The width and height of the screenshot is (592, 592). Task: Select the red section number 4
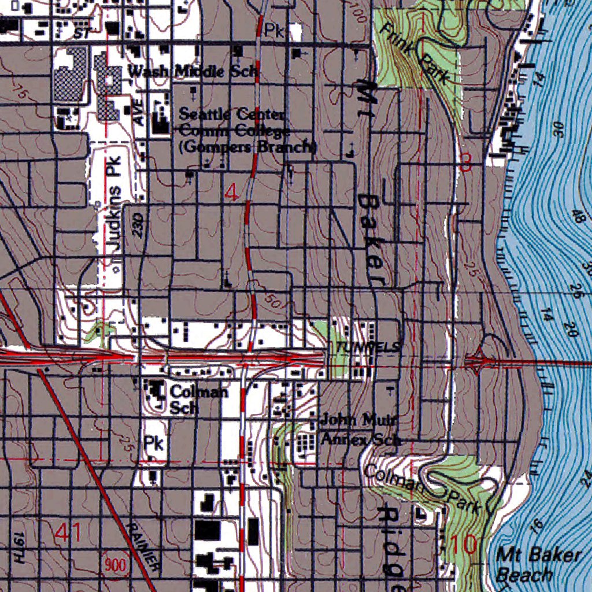[x=231, y=194]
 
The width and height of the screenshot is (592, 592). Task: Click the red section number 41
[x=69, y=532]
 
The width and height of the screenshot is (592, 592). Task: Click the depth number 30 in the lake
[x=559, y=129]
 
